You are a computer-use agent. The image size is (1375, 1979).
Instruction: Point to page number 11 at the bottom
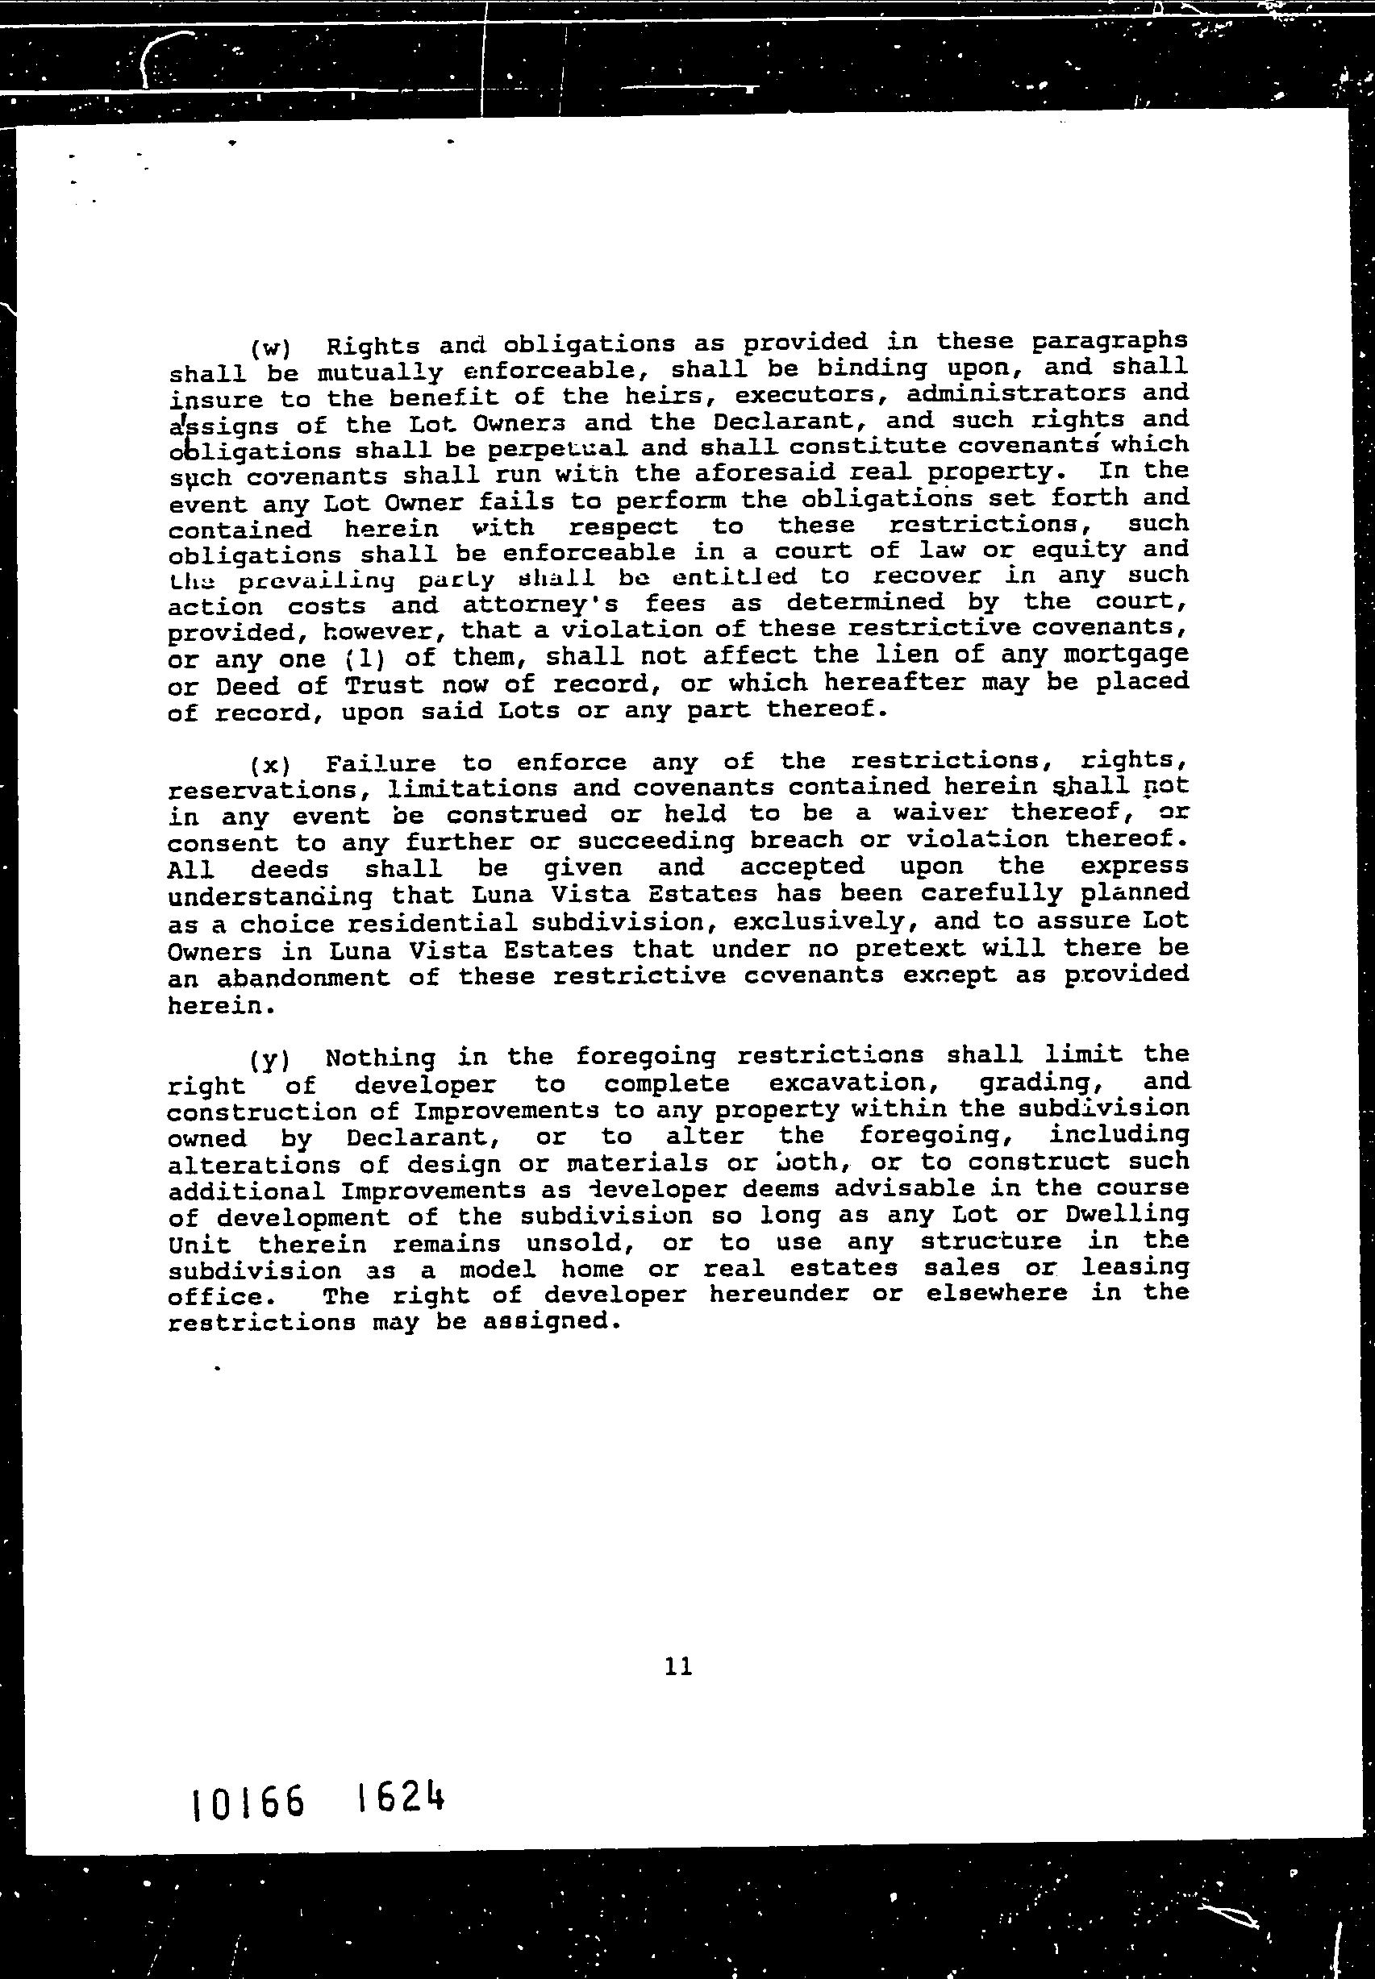679,1667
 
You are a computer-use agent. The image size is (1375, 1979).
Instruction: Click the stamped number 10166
248,1801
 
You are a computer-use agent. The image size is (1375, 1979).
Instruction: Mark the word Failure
381,763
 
